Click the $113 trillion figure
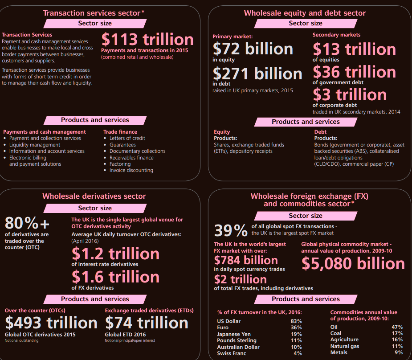pyautogui.click(x=147, y=39)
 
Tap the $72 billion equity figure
pyautogui.click(x=253, y=49)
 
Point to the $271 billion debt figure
pyautogui.click(x=257, y=74)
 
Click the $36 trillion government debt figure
pyautogui.click(x=354, y=72)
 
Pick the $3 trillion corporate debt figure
pyautogui.click(x=350, y=94)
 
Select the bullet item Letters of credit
pyautogui.click(x=127, y=138)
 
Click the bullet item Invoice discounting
pyautogui.click(x=131, y=170)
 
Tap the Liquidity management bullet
pyautogui.click(x=35, y=145)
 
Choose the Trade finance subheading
pyautogui.click(x=120, y=132)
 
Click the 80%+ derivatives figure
pyautogui.click(x=27, y=223)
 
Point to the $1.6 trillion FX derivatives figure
pyautogui.click(x=116, y=277)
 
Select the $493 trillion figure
pyautogui.click(x=51, y=323)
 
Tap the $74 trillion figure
pyautogui.click(x=147, y=323)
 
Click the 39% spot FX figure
pyautogui.click(x=231, y=230)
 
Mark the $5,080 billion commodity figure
pyautogui.click(x=353, y=263)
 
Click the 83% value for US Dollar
pyautogui.click(x=296, y=321)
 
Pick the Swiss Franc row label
pyautogui.click(x=232, y=353)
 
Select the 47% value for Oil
pyautogui.click(x=397, y=327)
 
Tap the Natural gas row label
pyautogui.click(x=345, y=346)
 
